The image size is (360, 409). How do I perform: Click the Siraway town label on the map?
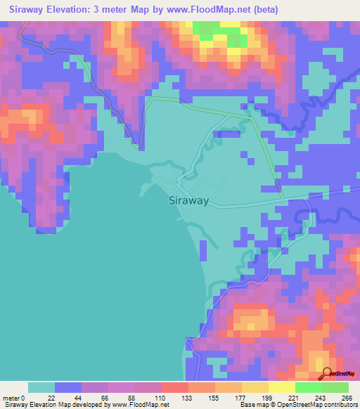pos(189,200)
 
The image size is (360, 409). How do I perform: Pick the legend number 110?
pos(161,398)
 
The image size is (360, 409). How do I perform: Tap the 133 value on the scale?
pos(188,398)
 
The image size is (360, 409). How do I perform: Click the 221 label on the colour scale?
pos(295,398)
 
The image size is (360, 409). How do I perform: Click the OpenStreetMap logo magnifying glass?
pos(326,373)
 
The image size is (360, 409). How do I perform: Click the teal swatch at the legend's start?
pos(41,387)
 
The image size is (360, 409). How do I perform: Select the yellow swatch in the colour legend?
pos(281,387)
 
